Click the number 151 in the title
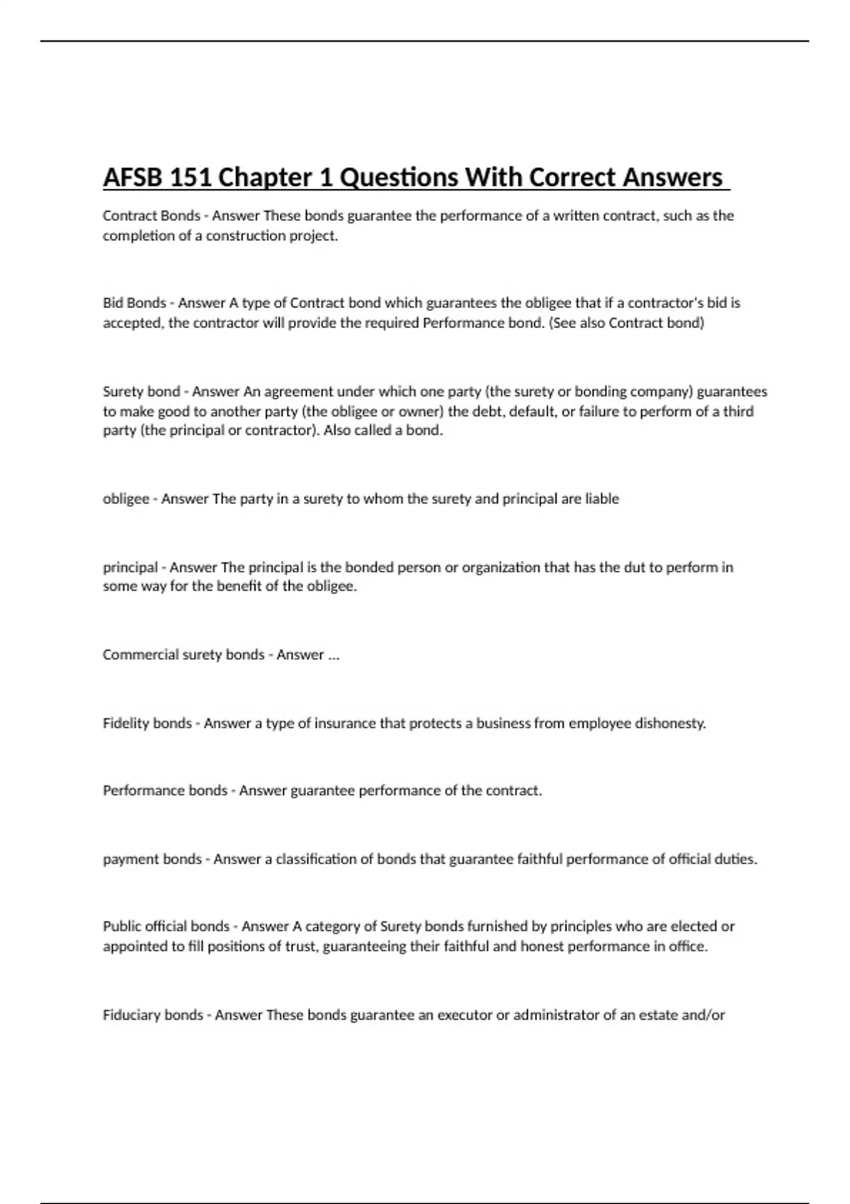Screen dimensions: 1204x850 pos(189,177)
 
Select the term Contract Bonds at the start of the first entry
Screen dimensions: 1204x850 pos(151,215)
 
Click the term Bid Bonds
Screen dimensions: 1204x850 pos(134,303)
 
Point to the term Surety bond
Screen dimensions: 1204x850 pos(141,392)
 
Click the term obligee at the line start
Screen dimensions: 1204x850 pos(125,499)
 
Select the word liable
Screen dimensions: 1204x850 pos(601,499)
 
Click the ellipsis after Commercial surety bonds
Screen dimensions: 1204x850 pos(334,655)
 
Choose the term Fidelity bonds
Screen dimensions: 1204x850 pos(147,723)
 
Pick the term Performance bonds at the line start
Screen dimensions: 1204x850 pos(164,790)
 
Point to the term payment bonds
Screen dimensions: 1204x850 pos(152,859)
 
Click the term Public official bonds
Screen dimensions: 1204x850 pos(166,926)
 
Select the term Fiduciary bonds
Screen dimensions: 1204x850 pos(152,1015)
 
